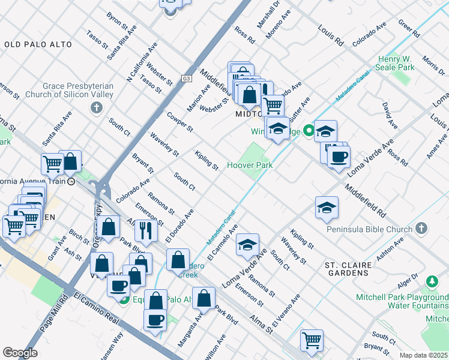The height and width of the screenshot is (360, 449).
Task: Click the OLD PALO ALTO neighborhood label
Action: click(x=38, y=44)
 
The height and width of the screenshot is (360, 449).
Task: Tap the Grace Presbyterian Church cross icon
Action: click(x=95, y=108)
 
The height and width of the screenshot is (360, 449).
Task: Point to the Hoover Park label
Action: click(x=250, y=165)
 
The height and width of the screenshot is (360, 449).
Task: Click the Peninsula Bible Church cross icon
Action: click(x=421, y=229)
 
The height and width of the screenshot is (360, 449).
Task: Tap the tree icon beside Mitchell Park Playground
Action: click(x=432, y=281)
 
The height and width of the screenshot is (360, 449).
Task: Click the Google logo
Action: click(x=20, y=353)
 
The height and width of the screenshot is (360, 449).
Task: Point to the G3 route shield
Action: click(x=187, y=79)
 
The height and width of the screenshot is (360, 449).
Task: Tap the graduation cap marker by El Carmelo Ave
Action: click(x=247, y=244)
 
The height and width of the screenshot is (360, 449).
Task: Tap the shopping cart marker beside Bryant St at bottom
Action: click(x=312, y=340)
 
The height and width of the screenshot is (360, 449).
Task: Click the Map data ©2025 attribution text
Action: click(x=424, y=355)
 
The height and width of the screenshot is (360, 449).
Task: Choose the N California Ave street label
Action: click(x=142, y=61)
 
